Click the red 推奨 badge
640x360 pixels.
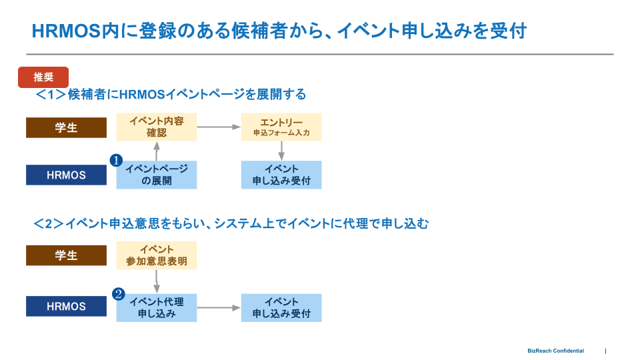[x=43, y=77]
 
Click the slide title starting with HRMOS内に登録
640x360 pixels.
[x=279, y=31]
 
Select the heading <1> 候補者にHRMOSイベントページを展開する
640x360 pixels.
[x=171, y=95]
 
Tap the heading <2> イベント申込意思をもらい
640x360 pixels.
[x=231, y=224]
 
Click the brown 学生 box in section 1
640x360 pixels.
[x=66, y=127]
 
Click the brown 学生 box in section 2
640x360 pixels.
[x=66, y=255]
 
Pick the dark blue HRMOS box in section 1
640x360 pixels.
[x=66, y=175]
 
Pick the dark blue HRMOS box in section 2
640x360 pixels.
[x=66, y=307]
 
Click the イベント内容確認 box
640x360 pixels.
[x=157, y=127]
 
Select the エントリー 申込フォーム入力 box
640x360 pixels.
[x=281, y=127]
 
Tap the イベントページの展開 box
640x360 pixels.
[x=157, y=175]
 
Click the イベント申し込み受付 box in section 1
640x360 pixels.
[x=281, y=175]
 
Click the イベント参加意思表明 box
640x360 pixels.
[x=157, y=255]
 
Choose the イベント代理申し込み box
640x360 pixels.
[x=157, y=307]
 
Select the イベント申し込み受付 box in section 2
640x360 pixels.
[x=281, y=307]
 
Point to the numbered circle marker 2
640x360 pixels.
[x=118, y=293]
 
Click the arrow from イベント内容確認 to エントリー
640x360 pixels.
[x=219, y=127]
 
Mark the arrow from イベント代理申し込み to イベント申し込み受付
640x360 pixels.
[x=219, y=307]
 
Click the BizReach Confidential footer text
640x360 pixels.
[x=555, y=351]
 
